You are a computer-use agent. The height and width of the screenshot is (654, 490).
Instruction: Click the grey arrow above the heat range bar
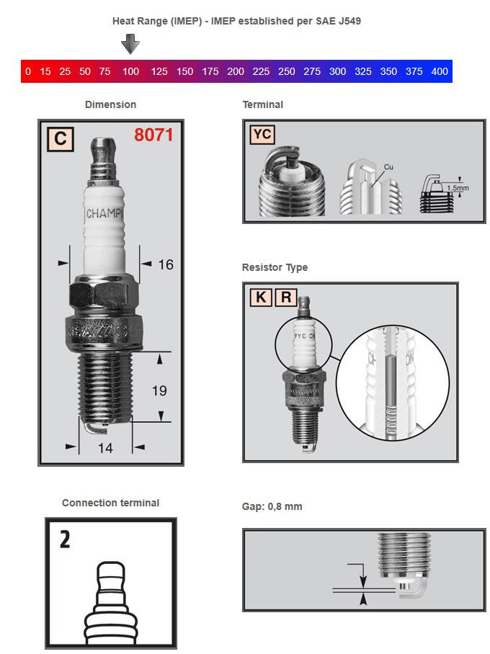(x=130, y=45)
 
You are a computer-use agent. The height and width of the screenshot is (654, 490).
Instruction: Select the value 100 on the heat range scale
(x=130, y=71)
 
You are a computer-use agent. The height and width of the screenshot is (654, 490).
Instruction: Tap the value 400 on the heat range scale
(x=440, y=71)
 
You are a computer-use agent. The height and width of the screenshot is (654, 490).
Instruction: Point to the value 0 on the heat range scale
(x=28, y=71)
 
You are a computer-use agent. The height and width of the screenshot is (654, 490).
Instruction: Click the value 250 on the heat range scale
(x=286, y=71)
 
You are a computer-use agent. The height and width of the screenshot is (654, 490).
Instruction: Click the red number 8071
(x=153, y=135)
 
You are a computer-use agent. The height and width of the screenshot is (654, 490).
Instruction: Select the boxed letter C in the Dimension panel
(x=60, y=138)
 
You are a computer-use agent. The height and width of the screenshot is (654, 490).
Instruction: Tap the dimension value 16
(x=165, y=265)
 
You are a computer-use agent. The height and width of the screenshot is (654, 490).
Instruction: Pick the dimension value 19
(x=159, y=390)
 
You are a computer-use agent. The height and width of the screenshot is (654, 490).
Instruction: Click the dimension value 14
(x=105, y=448)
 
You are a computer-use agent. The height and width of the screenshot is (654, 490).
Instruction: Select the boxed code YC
(x=262, y=134)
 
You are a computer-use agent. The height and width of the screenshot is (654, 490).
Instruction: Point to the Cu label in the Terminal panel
(x=388, y=166)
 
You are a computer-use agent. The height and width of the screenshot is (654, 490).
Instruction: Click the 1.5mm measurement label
(x=458, y=188)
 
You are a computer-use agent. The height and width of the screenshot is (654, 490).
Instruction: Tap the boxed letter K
(x=260, y=297)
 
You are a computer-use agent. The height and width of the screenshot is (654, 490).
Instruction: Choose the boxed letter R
(x=285, y=297)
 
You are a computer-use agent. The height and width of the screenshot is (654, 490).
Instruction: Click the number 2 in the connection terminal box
(x=64, y=539)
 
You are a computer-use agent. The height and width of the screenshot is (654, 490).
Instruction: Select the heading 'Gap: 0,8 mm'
(x=272, y=506)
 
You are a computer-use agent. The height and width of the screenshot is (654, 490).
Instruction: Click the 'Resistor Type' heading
(x=275, y=267)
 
